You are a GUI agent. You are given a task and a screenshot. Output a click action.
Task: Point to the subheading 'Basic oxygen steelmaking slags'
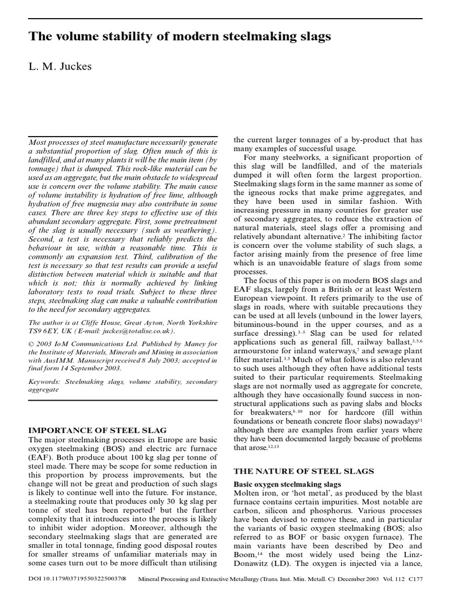(288, 485)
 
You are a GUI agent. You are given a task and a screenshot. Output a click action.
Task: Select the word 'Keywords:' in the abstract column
(46, 380)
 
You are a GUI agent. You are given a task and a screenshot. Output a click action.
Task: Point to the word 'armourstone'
(259, 350)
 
